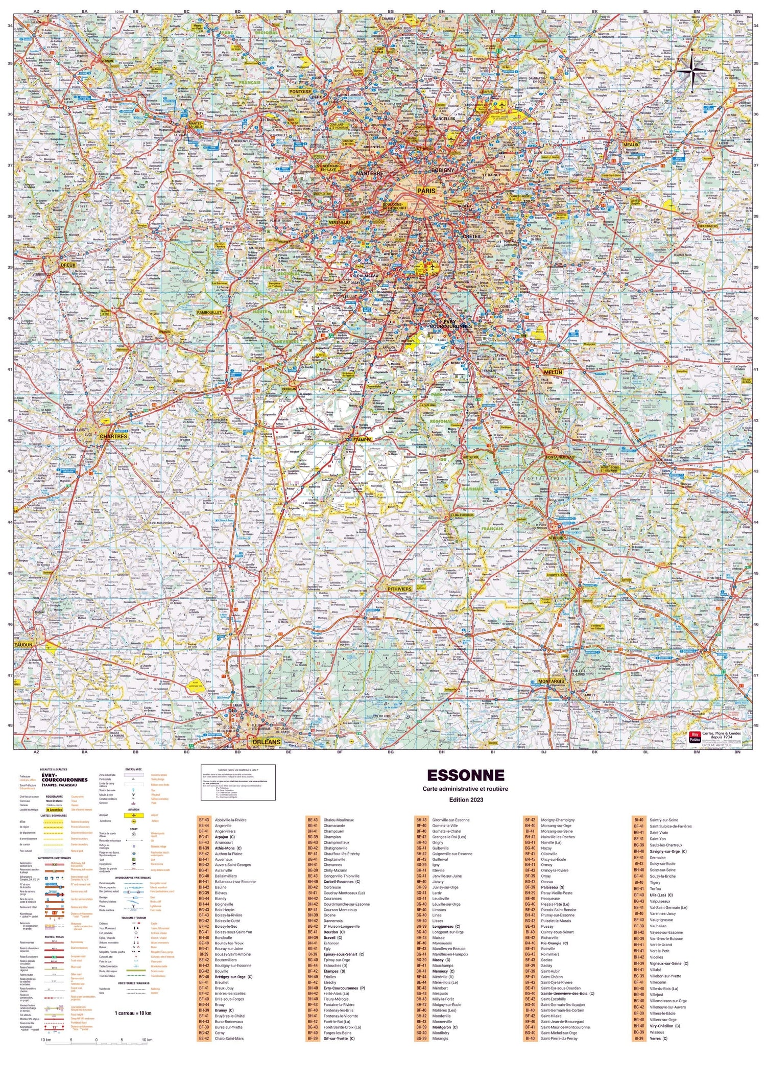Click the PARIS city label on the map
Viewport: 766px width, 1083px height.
coord(426,191)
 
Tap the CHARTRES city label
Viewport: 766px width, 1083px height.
coord(113,436)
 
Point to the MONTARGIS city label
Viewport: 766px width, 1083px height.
coord(551,681)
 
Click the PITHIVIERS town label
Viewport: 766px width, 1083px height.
coord(399,589)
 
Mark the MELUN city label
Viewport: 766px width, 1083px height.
coord(553,372)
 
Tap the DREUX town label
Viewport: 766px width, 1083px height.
coord(68,265)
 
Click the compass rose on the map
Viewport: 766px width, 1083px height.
coord(692,70)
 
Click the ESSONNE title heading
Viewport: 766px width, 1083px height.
coord(465,775)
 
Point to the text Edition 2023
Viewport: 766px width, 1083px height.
coord(465,799)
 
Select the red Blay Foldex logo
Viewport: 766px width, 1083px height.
coord(695,737)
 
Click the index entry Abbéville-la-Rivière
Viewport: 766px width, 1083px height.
coord(230,820)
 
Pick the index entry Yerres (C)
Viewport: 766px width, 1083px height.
coord(658,1038)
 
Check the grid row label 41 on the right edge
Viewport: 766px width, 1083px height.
coord(756,369)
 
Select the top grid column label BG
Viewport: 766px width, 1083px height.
coord(391,11)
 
